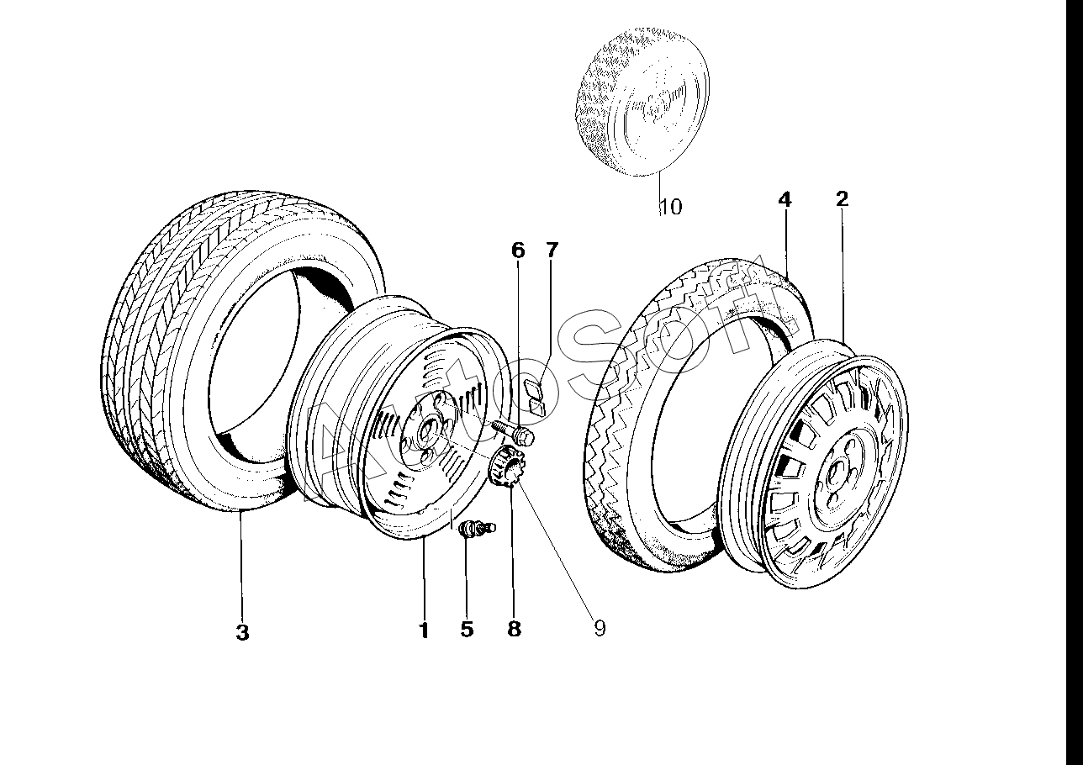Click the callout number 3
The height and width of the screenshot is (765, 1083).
pyautogui.click(x=242, y=631)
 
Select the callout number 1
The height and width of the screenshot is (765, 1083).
pyautogui.click(x=424, y=630)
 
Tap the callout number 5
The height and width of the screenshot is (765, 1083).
pyautogui.click(x=467, y=629)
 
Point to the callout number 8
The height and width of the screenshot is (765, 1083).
pyautogui.click(x=514, y=629)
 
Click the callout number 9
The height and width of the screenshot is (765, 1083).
pyautogui.click(x=600, y=628)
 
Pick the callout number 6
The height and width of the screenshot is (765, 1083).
pyautogui.click(x=518, y=251)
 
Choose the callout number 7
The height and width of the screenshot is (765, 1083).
pyautogui.click(x=552, y=250)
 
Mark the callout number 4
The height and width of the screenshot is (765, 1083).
pyautogui.click(x=785, y=199)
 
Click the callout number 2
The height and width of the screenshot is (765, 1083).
pyautogui.click(x=842, y=198)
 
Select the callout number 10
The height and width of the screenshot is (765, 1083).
pyautogui.click(x=672, y=207)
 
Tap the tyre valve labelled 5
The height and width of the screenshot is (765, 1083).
pyautogui.click(x=476, y=527)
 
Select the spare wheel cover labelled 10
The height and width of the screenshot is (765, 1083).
pyautogui.click(x=642, y=102)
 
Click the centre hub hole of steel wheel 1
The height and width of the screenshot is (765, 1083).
pyautogui.click(x=427, y=431)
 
